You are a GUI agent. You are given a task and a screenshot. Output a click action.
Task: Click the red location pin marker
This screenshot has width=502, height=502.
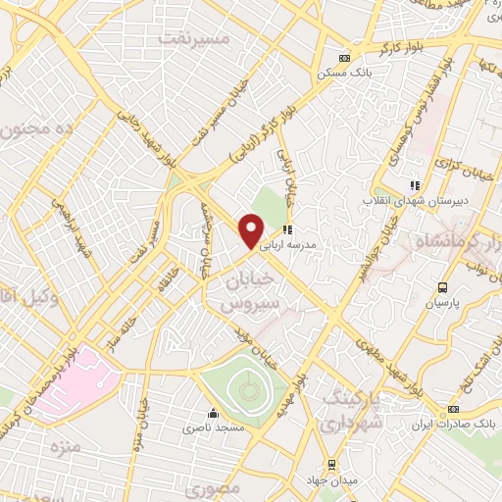point(252,232)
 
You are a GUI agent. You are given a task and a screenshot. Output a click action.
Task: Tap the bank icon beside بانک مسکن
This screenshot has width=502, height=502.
point(343,58)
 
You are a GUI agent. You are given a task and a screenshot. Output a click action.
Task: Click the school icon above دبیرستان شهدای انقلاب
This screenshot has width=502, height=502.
point(416,183)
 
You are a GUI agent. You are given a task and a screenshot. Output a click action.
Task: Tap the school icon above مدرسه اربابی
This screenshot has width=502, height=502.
point(287,229)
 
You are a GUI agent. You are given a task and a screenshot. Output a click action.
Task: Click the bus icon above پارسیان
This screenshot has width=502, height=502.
point(443,287)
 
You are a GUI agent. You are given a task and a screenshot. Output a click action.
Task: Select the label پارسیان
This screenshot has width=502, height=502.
point(442,304)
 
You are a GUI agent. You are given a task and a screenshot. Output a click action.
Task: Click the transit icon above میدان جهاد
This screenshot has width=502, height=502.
point(331,463)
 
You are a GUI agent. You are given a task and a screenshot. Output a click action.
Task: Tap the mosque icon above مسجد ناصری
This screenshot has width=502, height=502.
point(213,413)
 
